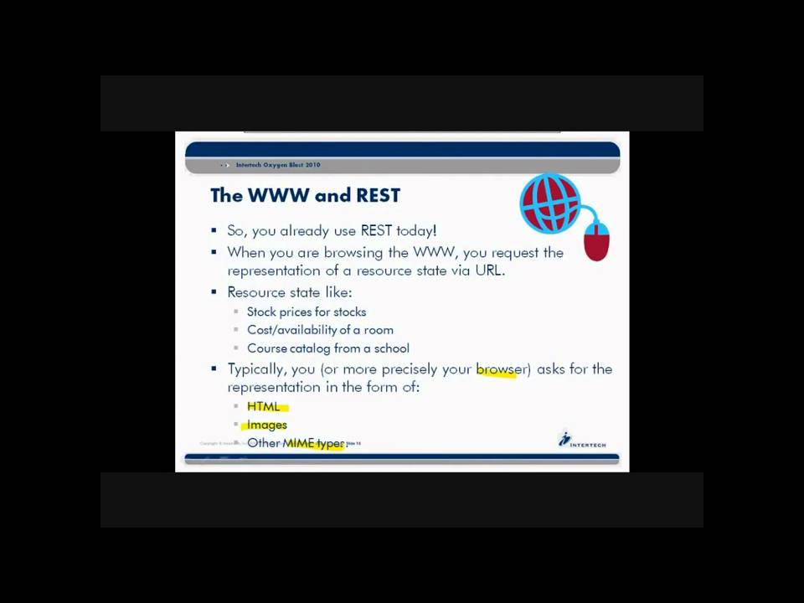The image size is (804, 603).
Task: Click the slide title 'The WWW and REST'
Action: click(305, 195)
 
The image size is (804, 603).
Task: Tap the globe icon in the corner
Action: click(549, 203)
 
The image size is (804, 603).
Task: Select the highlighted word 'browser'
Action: click(501, 369)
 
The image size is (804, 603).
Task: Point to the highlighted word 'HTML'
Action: click(264, 406)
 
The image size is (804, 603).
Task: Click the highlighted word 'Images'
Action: click(267, 425)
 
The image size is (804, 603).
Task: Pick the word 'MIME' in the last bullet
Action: click(297, 443)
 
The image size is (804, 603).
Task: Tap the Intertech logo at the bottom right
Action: click(582, 441)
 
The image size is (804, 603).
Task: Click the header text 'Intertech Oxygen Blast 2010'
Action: click(278, 165)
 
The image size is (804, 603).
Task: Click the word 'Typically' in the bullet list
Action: click(257, 369)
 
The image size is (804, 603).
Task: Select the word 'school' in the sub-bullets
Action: click(391, 348)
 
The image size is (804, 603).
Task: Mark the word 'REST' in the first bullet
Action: click(376, 230)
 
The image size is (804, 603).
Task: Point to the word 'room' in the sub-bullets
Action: click(379, 330)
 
